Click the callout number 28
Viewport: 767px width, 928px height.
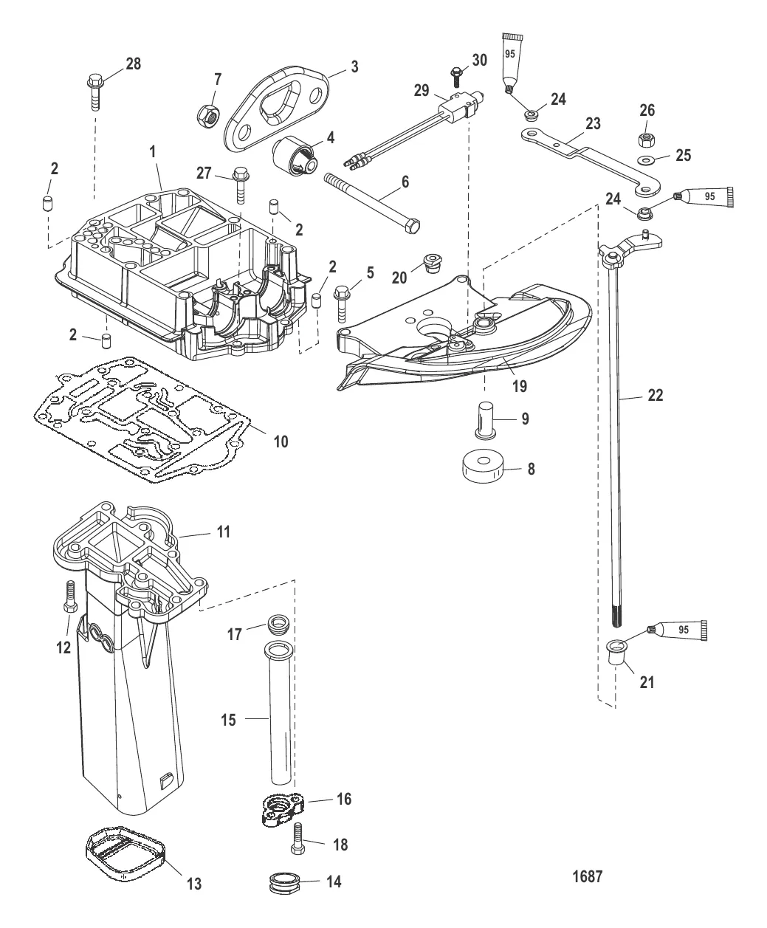pyautogui.click(x=134, y=64)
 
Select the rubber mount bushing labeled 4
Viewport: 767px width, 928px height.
pyautogui.click(x=295, y=157)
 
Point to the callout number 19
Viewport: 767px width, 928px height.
pyautogui.click(x=520, y=386)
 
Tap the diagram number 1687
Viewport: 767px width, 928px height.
pyautogui.click(x=587, y=876)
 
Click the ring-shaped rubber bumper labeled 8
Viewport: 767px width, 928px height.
pyautogui.click(x=484, y=467)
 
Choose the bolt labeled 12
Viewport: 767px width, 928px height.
pyautogui.click(x=70, y=597)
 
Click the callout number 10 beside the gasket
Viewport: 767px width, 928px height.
pyautogui.click(x=281, y=441)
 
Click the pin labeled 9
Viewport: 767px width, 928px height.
pyautogui.click(x=485, y=421)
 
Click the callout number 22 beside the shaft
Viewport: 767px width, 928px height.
pyautogui.click(x=656, y=395)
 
